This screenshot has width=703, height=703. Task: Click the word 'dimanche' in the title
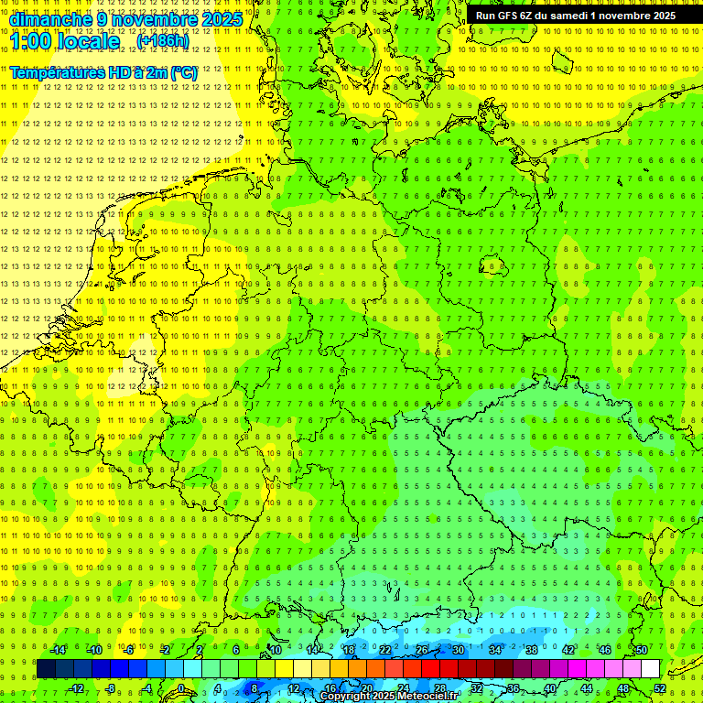49,19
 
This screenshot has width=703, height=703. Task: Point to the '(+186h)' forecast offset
162,41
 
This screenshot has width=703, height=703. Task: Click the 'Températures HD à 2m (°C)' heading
103,72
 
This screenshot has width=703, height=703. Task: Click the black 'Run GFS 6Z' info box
576,16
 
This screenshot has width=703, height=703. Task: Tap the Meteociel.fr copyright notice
389,697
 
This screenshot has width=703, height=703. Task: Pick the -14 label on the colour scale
57,650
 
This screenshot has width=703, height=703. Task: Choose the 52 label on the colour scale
660,688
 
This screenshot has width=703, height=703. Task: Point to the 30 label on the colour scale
458,650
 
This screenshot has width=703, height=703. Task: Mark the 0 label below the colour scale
180,688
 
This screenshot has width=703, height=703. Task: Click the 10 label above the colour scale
275,650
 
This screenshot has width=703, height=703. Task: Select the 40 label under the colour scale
550,688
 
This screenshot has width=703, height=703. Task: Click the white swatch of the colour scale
651,669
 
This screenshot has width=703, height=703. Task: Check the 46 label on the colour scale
604,650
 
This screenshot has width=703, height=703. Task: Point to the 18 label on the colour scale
348,650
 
